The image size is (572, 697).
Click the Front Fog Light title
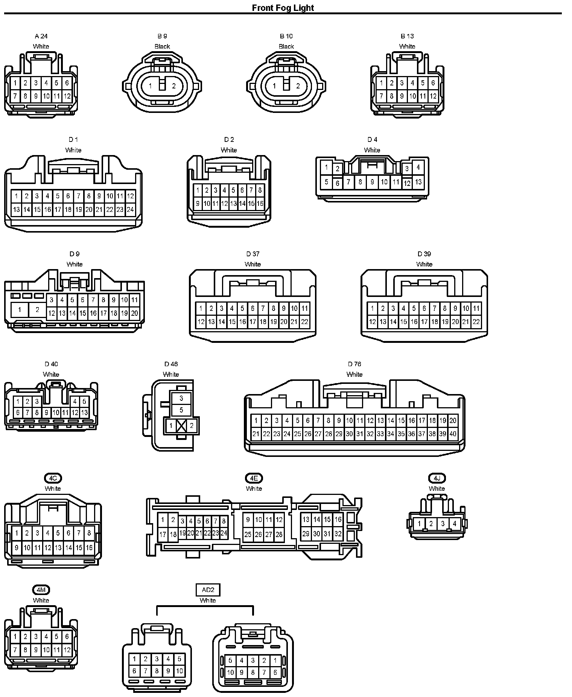coord(283,8)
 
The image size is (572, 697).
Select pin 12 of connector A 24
coord(67,96)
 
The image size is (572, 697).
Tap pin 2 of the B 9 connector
coord(174,86)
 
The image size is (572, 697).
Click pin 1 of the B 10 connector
coord(274,86)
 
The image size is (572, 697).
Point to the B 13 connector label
coord(407,36)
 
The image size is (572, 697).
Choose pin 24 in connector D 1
coord(130,210)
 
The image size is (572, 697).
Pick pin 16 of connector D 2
coord(260,204)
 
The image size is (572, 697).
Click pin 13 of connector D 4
coord(418,182)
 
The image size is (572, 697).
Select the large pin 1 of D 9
coord(20,310)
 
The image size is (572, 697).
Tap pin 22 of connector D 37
coord(304,322)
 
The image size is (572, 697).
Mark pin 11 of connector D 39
coord(476,309)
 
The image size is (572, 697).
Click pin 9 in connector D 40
coord(46,413)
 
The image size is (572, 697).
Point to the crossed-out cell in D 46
coord(181,426)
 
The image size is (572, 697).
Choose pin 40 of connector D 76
coord(453,434)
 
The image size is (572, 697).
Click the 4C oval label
coord(53,478)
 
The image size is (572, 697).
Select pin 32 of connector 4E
coord(338,534)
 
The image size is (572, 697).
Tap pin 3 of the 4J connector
coord(443,524)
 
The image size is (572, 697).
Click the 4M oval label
coord(41,590)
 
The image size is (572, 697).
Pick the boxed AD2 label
coord(208,590)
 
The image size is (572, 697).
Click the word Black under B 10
coord(286,47)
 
